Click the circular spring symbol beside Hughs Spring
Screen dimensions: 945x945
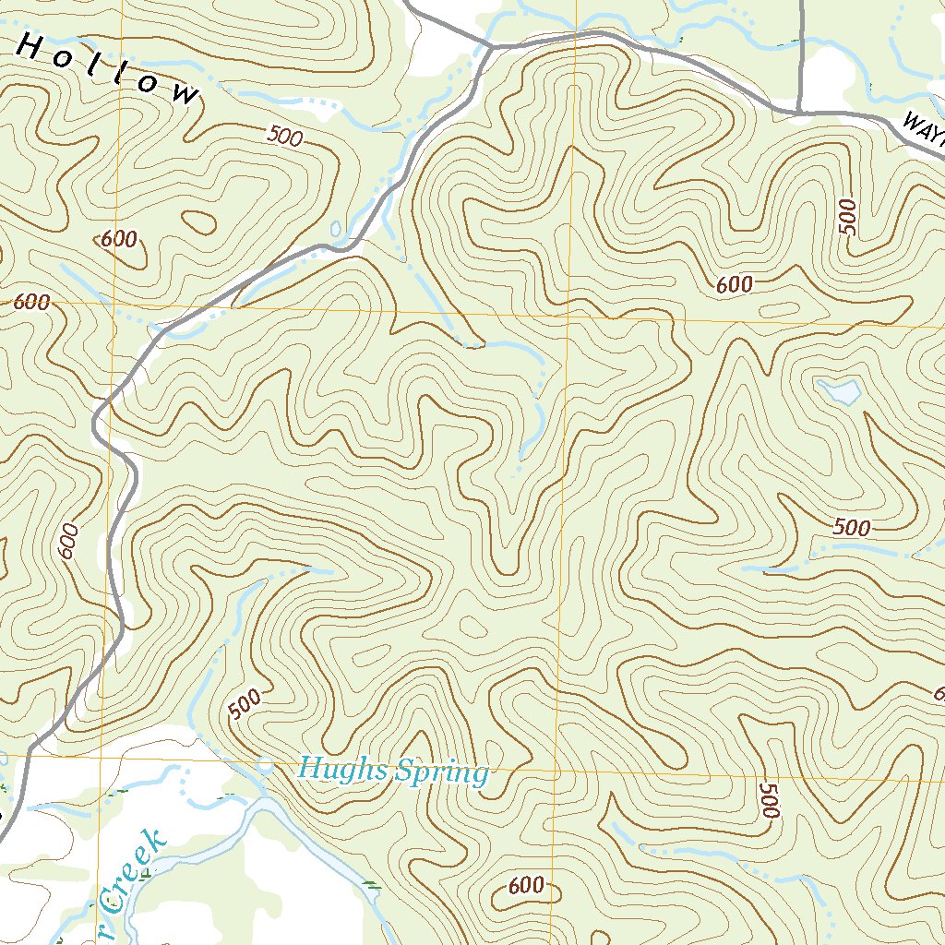click(266, 765)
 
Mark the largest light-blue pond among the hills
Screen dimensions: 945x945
click(840, 391)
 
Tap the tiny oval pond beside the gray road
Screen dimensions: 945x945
click(335, 228)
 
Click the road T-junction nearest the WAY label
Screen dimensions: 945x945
click(799, 111)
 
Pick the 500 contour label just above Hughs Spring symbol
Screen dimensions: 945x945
click(245, 706)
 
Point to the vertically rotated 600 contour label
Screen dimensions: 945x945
click(67, 541)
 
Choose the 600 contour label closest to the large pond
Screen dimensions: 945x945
click(735, 285)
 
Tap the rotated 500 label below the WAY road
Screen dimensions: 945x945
click(848, 216)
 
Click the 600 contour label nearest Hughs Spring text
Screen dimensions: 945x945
click(526, 886)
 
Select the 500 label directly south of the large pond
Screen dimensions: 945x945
click(851, 528)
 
